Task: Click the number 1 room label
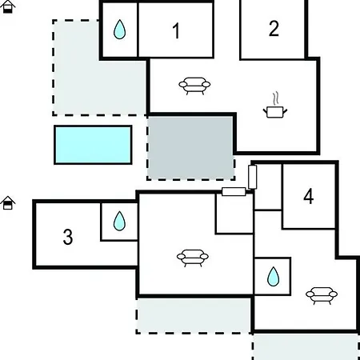click(x=176, y=30)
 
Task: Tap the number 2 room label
click(x=274, y=28)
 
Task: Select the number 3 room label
click(x=68, y=237)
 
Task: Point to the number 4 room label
click(x=309, y=197)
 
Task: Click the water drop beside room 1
click(x=119, y=30)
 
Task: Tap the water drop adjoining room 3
click(x=119, y=221)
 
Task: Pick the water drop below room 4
click(x=273, y=277)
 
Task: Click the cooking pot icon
click(x=275, y=111)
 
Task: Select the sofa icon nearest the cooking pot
click(x=194, y=86)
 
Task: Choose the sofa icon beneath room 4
click(x=322, y=295)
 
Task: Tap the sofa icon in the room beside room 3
click(x=193, y=258)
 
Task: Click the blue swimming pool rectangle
click(x=93, y=145)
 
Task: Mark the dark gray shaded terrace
click(x=190, y=148)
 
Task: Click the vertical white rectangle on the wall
click(x=252, y=177)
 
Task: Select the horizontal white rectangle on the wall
click(x=234, y=191)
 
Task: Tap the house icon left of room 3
click(x=8, y=203)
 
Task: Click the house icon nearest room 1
click(x=8, y=6)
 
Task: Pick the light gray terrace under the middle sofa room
click(x=194, y=316)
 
